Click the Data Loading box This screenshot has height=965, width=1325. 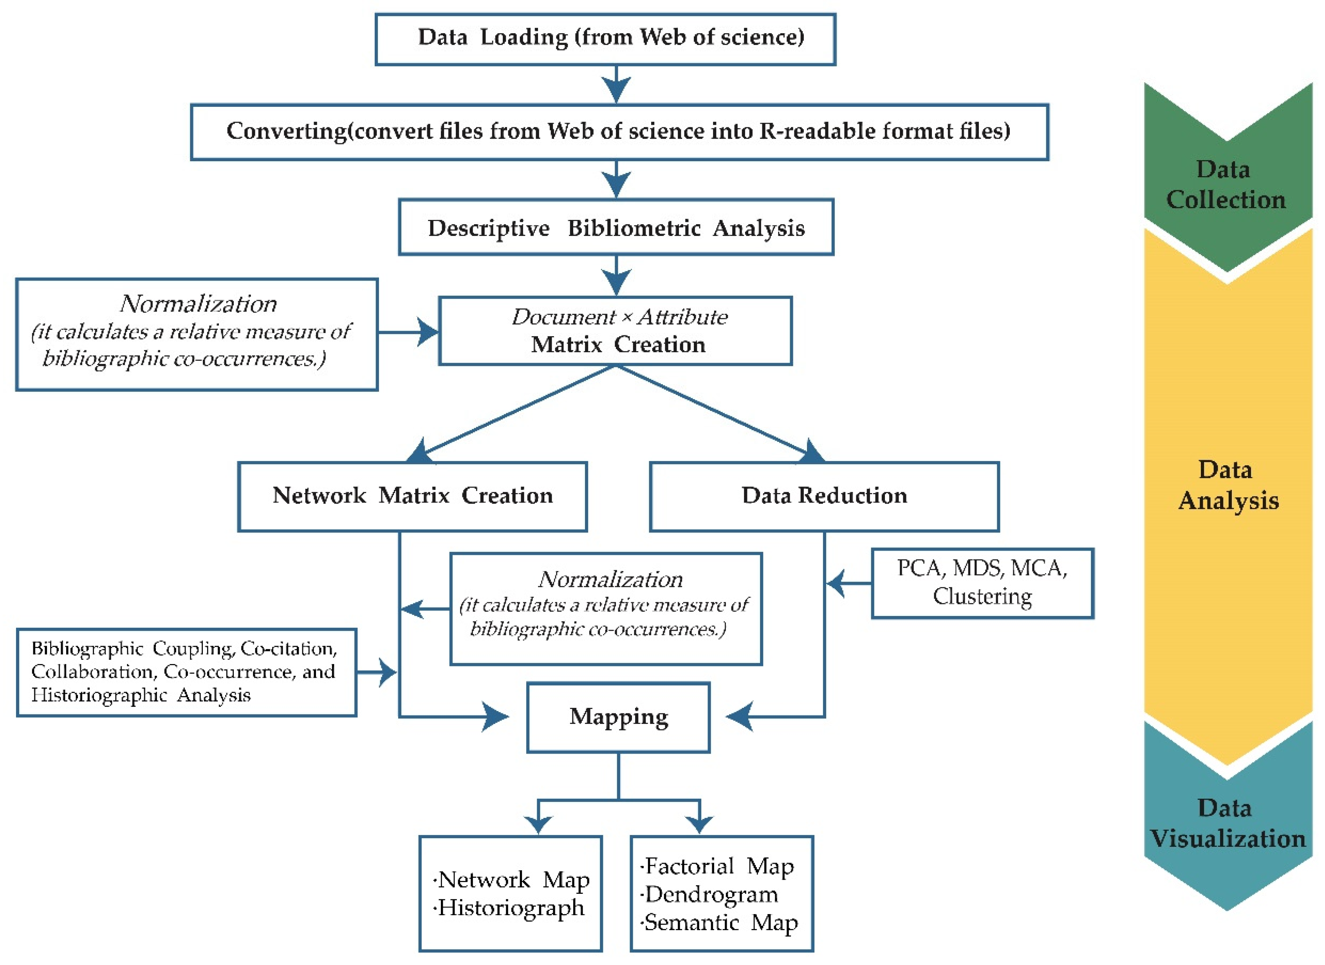point(605,39)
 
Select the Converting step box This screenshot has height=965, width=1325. point(619,132)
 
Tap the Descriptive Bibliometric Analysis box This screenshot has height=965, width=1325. point(616,227)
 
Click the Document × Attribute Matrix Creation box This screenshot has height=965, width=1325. point(616,331)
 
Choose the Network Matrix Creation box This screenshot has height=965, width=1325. point(413,497)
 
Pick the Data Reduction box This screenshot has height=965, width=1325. point(825,497)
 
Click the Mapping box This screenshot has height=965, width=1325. point(618,717)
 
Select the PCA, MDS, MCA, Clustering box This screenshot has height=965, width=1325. point(982,583)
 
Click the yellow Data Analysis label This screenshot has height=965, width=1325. point(1228,485)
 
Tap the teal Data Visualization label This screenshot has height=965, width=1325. point(1228,824)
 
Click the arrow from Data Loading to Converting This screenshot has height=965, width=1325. point(617,85)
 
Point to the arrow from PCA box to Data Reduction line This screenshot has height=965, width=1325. point(848,583)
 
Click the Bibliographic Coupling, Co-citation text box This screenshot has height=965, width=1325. point(186,672)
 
